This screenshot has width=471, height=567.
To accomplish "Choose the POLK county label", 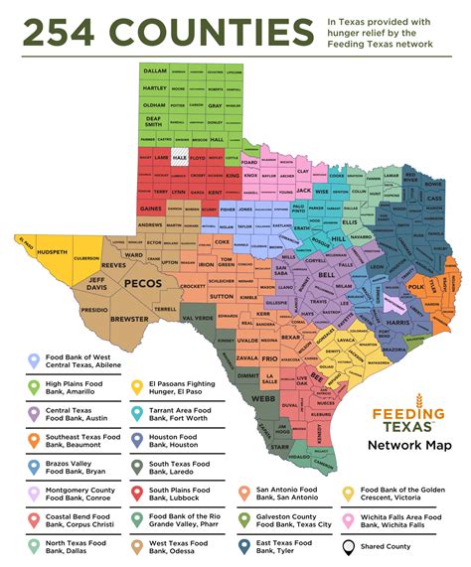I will click(x=415, y=285).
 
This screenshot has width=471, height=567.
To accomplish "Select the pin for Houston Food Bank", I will click(x=137, y=438).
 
